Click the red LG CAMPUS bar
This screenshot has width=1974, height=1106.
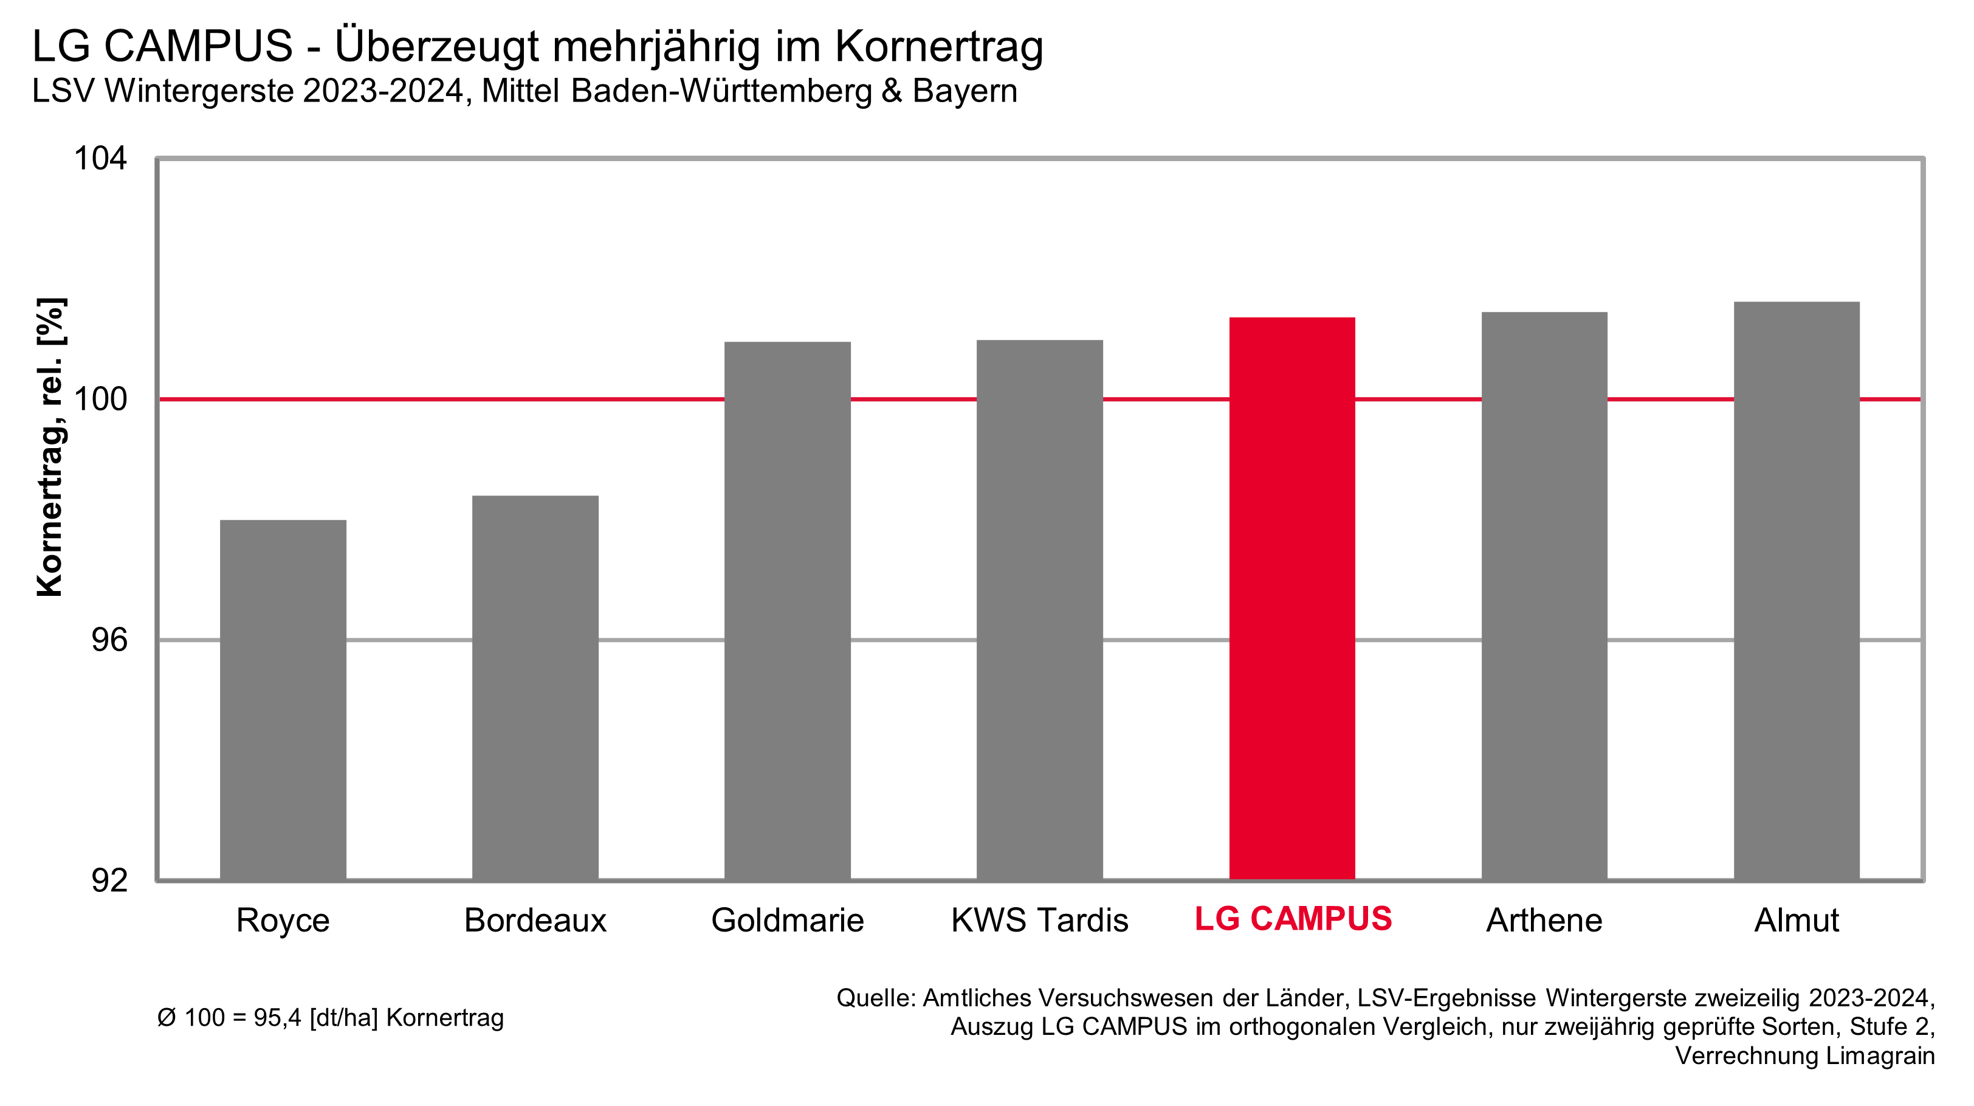pos(1292,598)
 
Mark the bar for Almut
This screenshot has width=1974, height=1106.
pos(1796,590)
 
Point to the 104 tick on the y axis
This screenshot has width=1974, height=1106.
pos(100,159)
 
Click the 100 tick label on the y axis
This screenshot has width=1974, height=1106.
pos(100,399)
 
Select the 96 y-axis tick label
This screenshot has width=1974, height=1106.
pos(109,640)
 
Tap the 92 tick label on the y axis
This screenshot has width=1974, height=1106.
pos(109,880)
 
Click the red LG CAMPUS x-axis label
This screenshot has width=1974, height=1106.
pos(1293,919)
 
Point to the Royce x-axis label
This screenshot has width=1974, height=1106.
pos(283,921)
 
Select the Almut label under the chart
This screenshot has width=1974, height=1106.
pos(1796,921)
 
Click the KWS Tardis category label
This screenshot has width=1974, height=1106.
pos(1039,921)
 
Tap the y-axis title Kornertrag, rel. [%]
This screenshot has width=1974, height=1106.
pos(50,446)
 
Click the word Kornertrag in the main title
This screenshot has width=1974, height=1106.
pos(939,47)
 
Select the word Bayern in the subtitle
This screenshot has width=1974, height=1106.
pos(964,91)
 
